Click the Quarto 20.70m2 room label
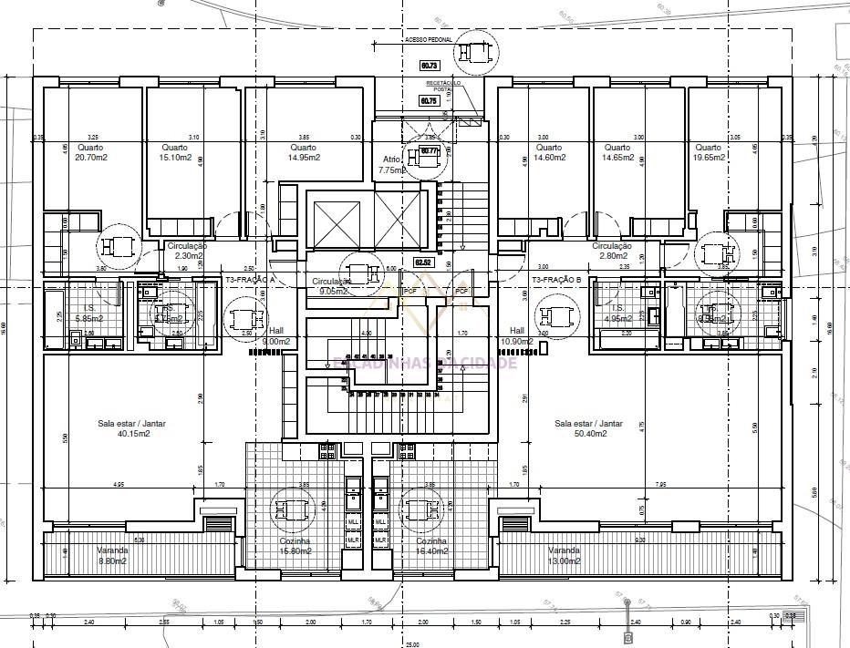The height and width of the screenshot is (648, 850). tap(89, 152)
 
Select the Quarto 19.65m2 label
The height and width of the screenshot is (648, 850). tap(708, 152)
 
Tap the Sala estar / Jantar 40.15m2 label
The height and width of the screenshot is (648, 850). tap(124, 428)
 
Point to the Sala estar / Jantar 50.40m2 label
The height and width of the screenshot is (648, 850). tap(588, 428)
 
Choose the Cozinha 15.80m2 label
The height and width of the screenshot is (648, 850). tap(295, 546)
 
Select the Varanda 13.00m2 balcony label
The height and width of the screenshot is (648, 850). tap(564, 555)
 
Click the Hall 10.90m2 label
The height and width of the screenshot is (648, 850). tap(518, 334)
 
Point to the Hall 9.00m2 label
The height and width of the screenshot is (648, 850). tap(275, 334)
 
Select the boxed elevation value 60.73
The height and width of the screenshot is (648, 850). tap(429, 66)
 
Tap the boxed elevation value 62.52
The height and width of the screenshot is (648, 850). tap(424, 262)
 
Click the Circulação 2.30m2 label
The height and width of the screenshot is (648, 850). tap(187, 251)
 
